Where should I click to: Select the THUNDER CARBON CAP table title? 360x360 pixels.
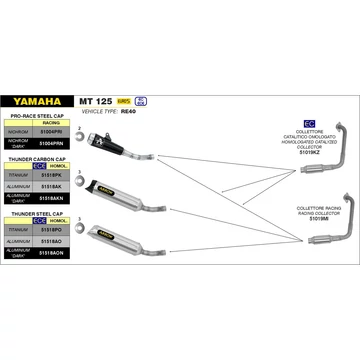[x=36, y=158]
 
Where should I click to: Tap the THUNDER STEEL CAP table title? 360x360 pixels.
[x=34, y=213]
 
